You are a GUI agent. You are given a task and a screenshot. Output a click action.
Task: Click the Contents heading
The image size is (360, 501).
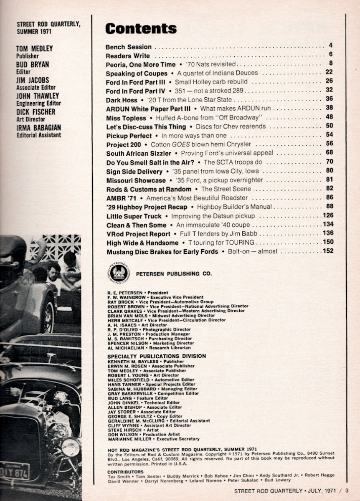pyautogui.click(x=141, y=28)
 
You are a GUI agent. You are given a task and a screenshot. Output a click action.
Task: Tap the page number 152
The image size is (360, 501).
pyautogui.click(x=328, y=251)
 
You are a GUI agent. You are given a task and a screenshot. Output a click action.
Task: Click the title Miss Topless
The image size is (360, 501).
pyautogui.click(x=126, y=118)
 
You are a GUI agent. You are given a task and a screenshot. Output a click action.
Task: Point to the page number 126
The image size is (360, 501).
pyautogui.click(x=328, y=215)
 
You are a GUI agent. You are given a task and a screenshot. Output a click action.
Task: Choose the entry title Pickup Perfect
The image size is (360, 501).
pyautogui.click(x=129, y=136)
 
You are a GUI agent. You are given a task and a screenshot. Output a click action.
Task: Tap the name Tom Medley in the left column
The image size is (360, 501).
pyautogui.click(x=34, y=48)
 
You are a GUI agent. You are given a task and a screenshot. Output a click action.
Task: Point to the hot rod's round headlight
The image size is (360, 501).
pyautogui.click(x=71, y=447)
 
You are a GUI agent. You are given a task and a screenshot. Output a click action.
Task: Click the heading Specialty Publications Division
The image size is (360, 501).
pyautogui.click(x=156, y=356)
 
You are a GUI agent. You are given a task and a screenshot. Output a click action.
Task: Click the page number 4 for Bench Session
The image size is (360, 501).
pyautogui.click(x=330, y=46)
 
